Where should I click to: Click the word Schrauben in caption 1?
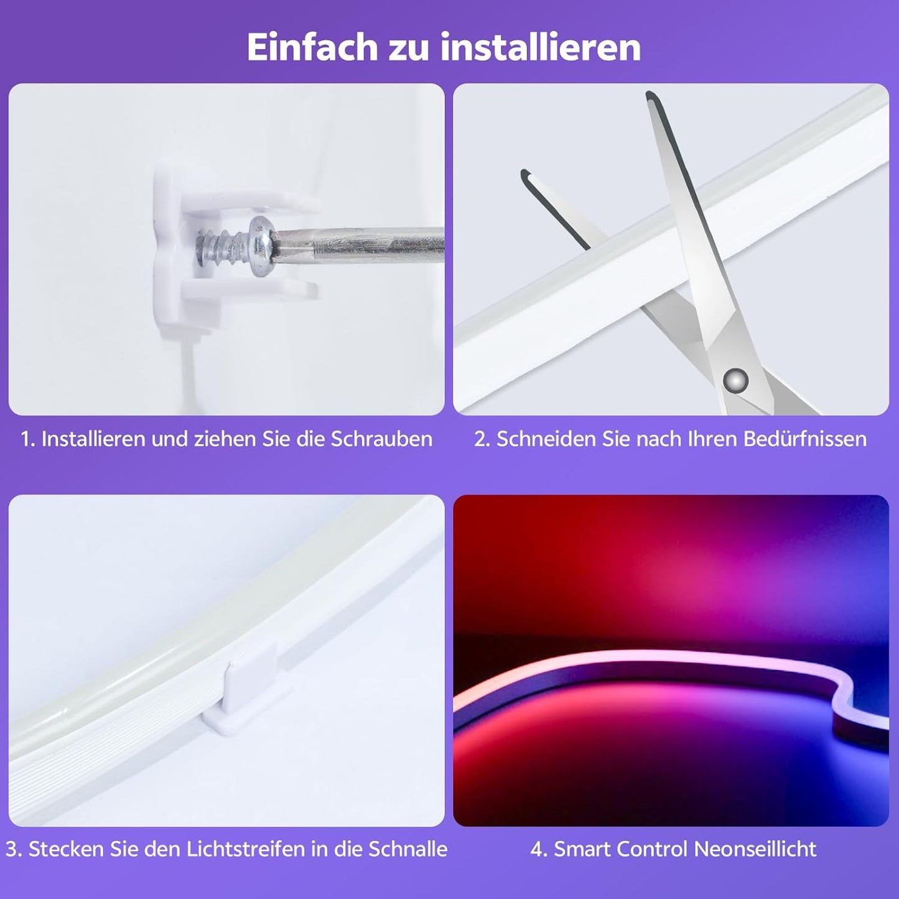click(x=381, y=439)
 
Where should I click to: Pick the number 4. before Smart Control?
click(x=539, y=849)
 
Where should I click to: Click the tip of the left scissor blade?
click(x=526, y=174)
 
